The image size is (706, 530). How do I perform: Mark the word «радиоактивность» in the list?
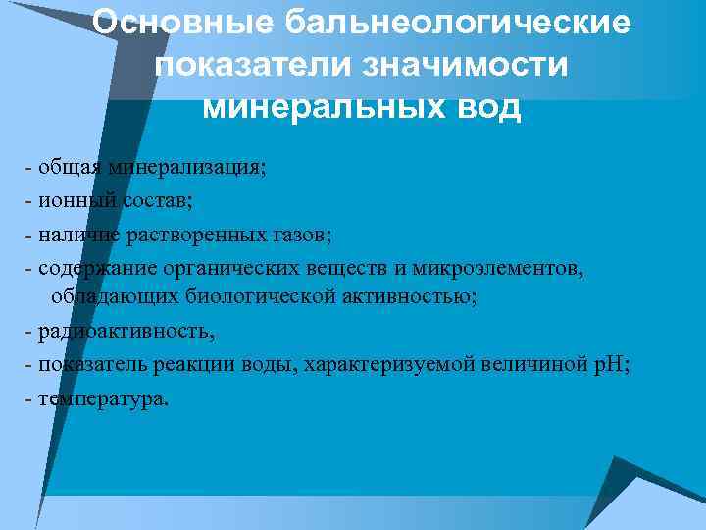[x=124, y=330]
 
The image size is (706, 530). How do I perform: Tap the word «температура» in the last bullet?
[x=102, y=398]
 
